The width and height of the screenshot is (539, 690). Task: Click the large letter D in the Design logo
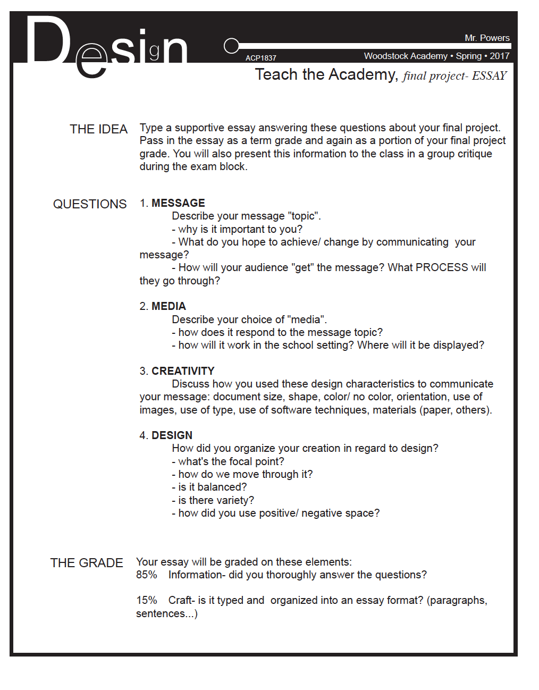(48, 40)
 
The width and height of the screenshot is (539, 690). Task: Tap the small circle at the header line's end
(231, 46)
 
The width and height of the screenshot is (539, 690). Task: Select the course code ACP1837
(260, 58)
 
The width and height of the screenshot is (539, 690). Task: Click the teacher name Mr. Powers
(487, 38)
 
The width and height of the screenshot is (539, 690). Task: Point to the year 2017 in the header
(499, 56)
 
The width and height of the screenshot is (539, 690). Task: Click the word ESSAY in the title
(489, 76)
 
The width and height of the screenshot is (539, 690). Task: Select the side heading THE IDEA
(98, 129)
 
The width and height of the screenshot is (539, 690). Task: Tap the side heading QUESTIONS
(90, 204)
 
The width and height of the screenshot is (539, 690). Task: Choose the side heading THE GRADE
(87, 563)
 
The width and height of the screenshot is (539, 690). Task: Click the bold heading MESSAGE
(178, 203)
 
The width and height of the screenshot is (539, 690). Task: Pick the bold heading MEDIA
(169, 306)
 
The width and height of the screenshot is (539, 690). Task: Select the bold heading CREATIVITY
(183, 371)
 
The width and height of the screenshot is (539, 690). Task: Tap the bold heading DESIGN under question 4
(172, 435)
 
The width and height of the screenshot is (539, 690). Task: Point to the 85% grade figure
(146, 575)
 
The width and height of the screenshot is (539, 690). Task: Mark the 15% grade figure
(146, 600)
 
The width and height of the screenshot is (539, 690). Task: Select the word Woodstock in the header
(383, 56)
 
